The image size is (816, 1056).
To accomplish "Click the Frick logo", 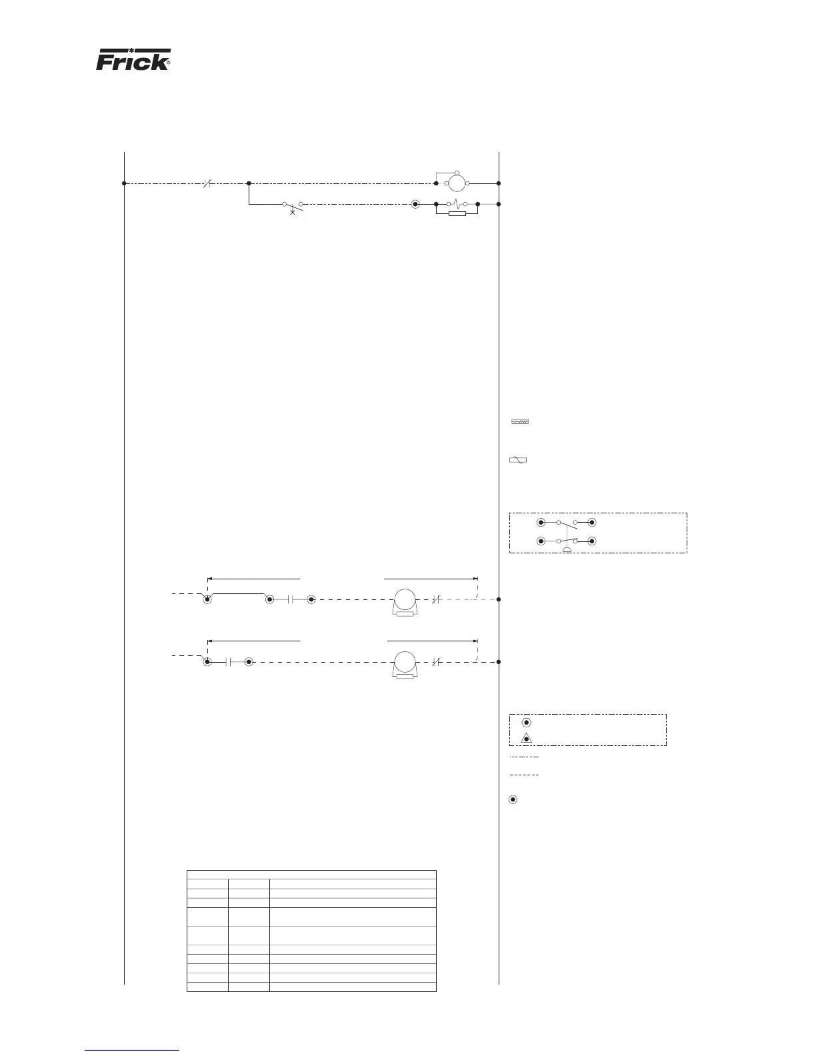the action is pyautogui.click(x=134, y=60).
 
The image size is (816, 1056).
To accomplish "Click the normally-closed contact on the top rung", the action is pyautogui.click(x=207, y=183).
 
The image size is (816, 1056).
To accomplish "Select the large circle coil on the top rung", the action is pyautogui.click(x=455, y=183).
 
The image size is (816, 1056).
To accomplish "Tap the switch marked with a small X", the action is pyautogui.click(x=293, y=205).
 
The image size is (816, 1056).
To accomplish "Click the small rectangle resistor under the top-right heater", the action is pyautogui.click(x=457, y=213).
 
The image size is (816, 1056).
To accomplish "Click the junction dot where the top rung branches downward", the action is pyautogui.click(x=249, y=183).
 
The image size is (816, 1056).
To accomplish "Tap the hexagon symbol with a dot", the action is pyautogui.click(x=526, y=722).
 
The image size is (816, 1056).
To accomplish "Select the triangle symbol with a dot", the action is pyautogui.click(x=526, y=739).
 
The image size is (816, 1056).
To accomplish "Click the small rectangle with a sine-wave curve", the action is pyautogui.click(x=518, y=460).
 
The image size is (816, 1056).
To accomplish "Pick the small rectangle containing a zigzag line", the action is pyautogui.click(x=519, y=422).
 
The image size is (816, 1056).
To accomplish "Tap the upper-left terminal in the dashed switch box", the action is pyautogui.click(x=541, y=523).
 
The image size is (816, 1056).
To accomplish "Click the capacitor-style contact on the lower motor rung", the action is pyautogui.click(x=228, y=662).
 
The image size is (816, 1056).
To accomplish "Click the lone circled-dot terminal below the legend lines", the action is pyautogui.click(x=513, y=799).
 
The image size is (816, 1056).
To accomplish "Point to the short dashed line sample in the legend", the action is pyautogui.click(x=523, y=775).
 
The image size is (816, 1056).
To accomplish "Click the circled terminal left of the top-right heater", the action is pyautogui.click(x=415, y=203).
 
